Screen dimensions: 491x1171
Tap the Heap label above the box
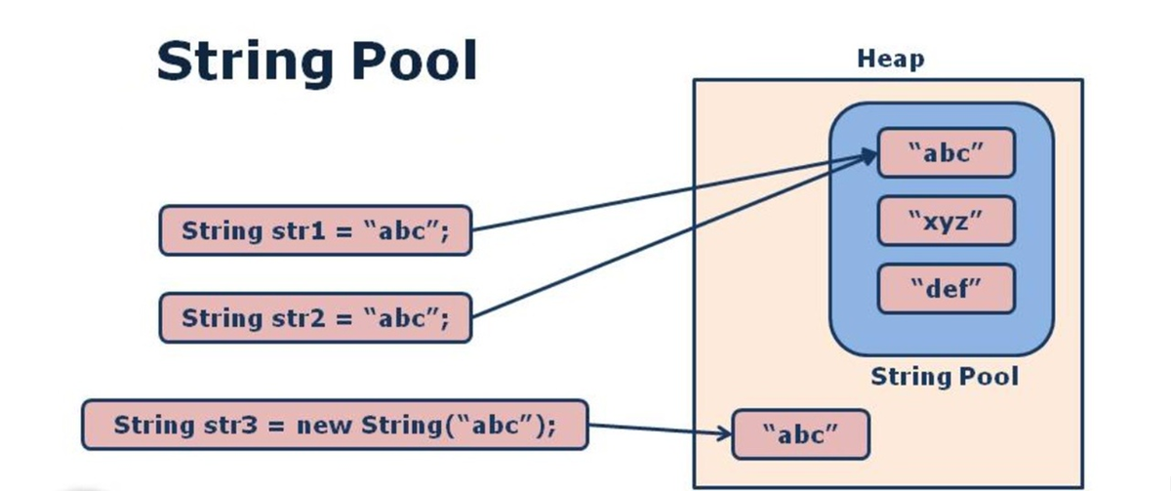point(890,60)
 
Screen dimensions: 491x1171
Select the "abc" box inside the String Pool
point(946,154)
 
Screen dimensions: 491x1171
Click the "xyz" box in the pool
point(946,221)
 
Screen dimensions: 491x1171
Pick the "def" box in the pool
point(946,288)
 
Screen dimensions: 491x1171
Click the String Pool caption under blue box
point(944,376)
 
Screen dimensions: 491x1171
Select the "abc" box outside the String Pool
point(799,433)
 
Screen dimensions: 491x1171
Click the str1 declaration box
point(314,231)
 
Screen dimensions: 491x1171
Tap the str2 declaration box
point(314,318)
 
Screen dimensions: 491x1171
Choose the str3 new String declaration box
point(335,425)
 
